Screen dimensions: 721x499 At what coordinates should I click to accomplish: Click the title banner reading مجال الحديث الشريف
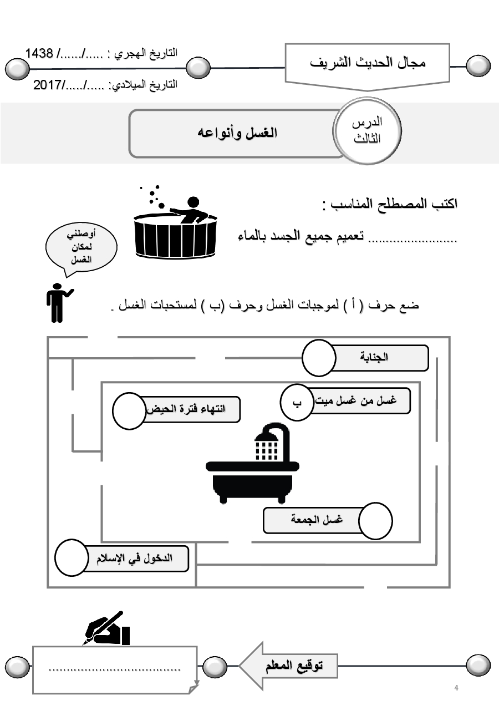368,63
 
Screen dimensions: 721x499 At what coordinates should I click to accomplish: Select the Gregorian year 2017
49,85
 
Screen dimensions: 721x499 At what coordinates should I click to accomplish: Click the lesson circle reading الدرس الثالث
368,131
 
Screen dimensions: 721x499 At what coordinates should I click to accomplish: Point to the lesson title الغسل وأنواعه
237,133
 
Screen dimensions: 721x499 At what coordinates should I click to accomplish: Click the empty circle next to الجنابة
319,358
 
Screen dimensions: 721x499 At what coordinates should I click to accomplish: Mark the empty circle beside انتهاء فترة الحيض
129,411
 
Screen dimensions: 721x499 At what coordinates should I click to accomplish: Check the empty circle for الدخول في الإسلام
72,557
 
